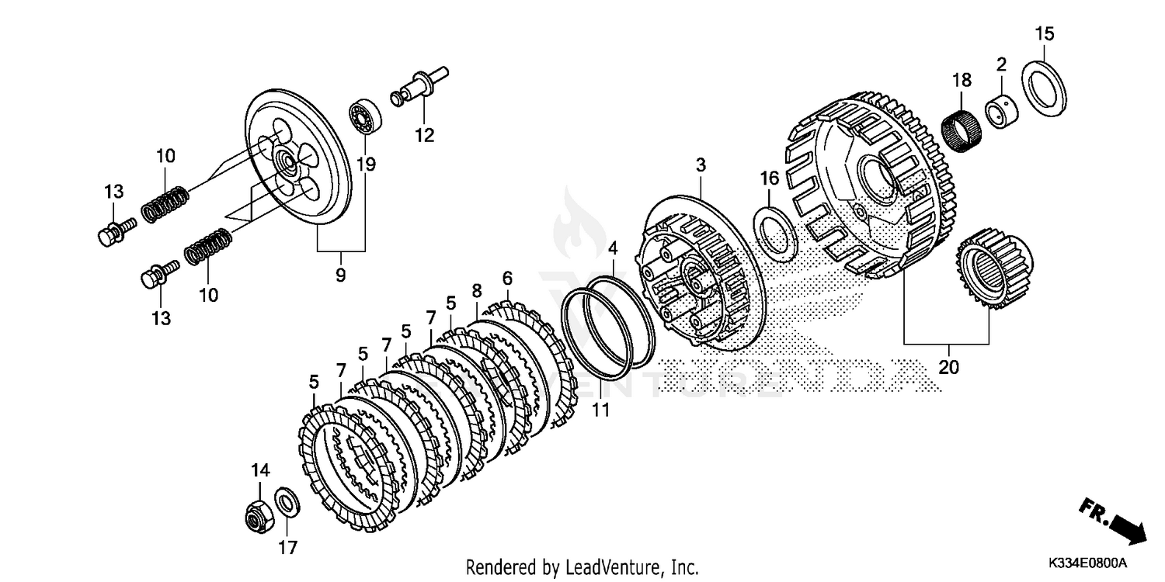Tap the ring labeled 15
(x=1043, y=88)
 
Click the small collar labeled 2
(x=1001, y=111)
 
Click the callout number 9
(x=341, y=275)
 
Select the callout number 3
(x=701, y=165)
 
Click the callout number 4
(x=613, y=249)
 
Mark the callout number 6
(x=507, y=277)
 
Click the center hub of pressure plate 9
(x=287, y=164)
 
